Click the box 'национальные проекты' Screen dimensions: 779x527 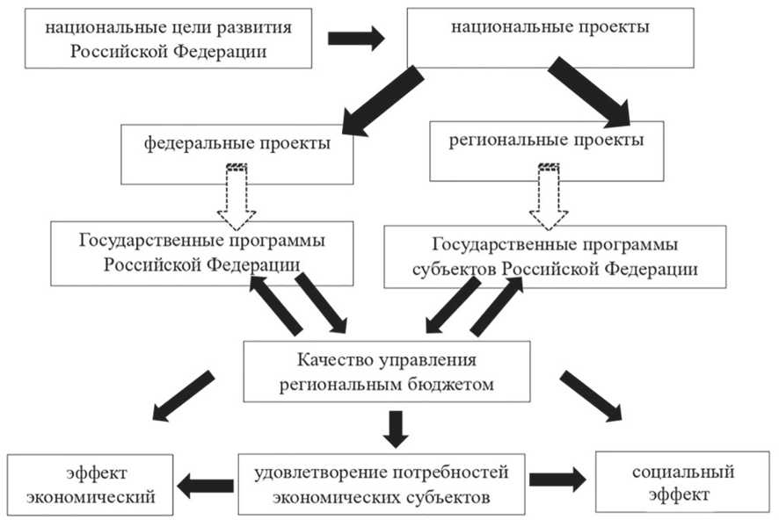click(x=550, y=38)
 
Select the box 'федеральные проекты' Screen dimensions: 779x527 click(x=237, y=155)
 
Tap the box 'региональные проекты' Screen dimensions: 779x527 click(x=547, y=151)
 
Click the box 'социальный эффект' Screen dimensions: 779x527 click(x=682, y=481)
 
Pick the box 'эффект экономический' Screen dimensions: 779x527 click(x=90, y=485)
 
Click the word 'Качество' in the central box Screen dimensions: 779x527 click(x=335, y=359)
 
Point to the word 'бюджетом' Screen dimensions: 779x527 click(x=452, y=384)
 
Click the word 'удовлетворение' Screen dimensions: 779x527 click(x=321, y=473)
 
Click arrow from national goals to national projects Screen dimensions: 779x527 click(x=356, y=39)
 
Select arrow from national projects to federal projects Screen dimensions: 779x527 click(x=382, y=101)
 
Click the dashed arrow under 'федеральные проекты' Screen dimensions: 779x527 click(x=237, y=197)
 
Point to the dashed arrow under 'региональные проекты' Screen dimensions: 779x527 click(x=549, y=197)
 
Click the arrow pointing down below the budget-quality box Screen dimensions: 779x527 click(x=396, y=430)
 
